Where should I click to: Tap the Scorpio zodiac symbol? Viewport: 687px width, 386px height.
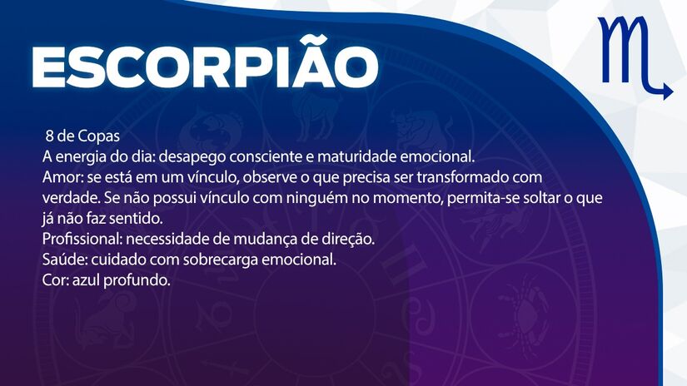click(x=633, y=57)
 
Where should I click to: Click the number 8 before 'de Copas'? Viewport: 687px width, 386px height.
click(x=50, y=135)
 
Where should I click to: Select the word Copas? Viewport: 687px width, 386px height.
click(x=104, y=135)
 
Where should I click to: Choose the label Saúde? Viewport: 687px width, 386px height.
click(x=63, y=260)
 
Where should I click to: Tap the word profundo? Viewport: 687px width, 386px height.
click(x=141, y=280)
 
